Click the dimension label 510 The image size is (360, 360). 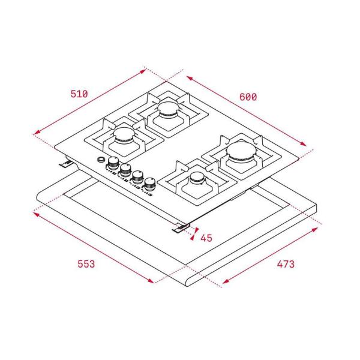pos(79,94)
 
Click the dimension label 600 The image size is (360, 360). pos(248,97)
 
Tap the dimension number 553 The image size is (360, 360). pos(86,264)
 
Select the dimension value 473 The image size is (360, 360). pos(286,264)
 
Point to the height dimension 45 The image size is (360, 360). pos(206,238)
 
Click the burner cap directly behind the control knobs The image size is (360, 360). pos(124,135)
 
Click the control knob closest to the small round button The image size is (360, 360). pos(113,163)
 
